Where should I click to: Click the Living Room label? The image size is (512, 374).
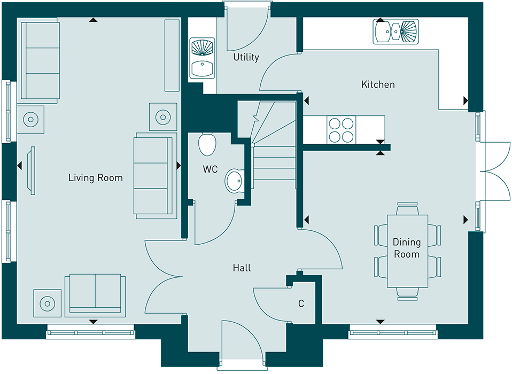pos(95,178)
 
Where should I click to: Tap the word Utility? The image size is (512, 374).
pos(246,58)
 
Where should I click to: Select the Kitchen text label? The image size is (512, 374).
pos(378,84)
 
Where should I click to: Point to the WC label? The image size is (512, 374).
pos(210,169)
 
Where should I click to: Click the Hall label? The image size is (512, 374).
pos(242,268)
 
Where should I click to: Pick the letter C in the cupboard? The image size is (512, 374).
pos(301,303)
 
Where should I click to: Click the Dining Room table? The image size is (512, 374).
pos(407,251)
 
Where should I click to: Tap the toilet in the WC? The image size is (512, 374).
pos(207,144)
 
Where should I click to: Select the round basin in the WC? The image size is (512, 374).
pos(234,180)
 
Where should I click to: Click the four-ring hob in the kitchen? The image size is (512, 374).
pos(341,129)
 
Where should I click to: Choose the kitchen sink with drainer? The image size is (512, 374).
pos(395,32)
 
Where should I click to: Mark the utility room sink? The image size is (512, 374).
pos(202,58)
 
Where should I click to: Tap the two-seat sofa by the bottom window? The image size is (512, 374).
pos(95,295)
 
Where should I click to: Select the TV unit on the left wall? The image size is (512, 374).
pos(32,170)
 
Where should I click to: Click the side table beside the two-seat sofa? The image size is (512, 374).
pos(48,303)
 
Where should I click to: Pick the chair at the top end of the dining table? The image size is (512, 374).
pos(407,208)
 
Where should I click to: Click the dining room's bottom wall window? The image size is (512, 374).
pos(392,332)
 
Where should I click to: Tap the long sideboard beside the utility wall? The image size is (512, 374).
pos(172,56)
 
